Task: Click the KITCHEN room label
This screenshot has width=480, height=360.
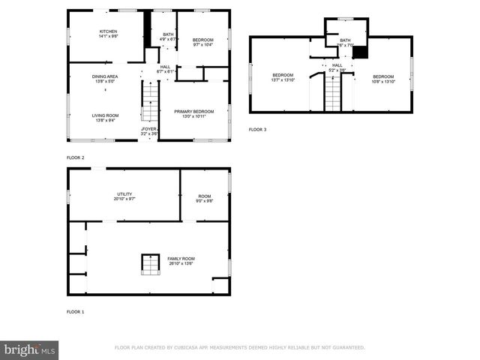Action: point(109,31)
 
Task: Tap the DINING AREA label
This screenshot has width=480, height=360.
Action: point(103,76)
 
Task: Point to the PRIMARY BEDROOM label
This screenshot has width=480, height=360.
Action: point(194,112)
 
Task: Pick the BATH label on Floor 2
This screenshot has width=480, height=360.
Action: point(168,34)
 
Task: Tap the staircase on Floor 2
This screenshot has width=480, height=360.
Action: point(151,101)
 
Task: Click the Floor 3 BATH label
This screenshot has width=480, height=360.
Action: point(345,40)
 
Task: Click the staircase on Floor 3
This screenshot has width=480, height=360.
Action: point(332,91)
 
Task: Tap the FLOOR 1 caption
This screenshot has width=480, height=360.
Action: point(76,311)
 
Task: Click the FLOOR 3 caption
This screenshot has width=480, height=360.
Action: point(257,130)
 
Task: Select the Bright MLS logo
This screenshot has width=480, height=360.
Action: point(30,349)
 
